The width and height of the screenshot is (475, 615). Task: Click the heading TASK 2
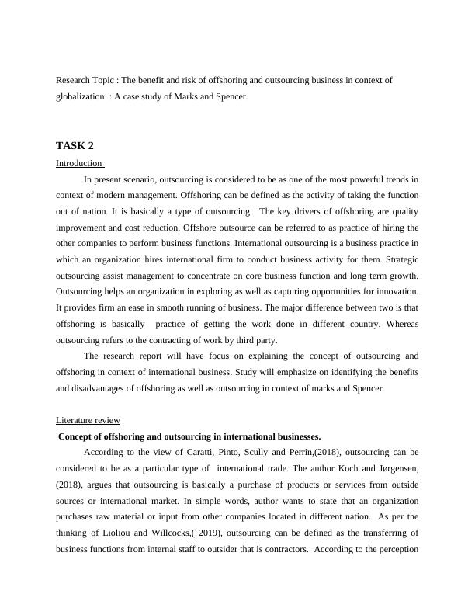(x=75, y=145)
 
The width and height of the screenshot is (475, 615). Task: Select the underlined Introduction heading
(x=79, y=163)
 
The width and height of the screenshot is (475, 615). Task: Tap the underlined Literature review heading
(x=88, y=420)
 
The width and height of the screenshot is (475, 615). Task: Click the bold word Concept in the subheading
(x=77, y=436)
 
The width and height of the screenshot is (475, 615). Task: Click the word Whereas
(x=400, y=324)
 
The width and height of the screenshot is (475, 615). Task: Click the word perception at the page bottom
(x=397, y=548)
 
